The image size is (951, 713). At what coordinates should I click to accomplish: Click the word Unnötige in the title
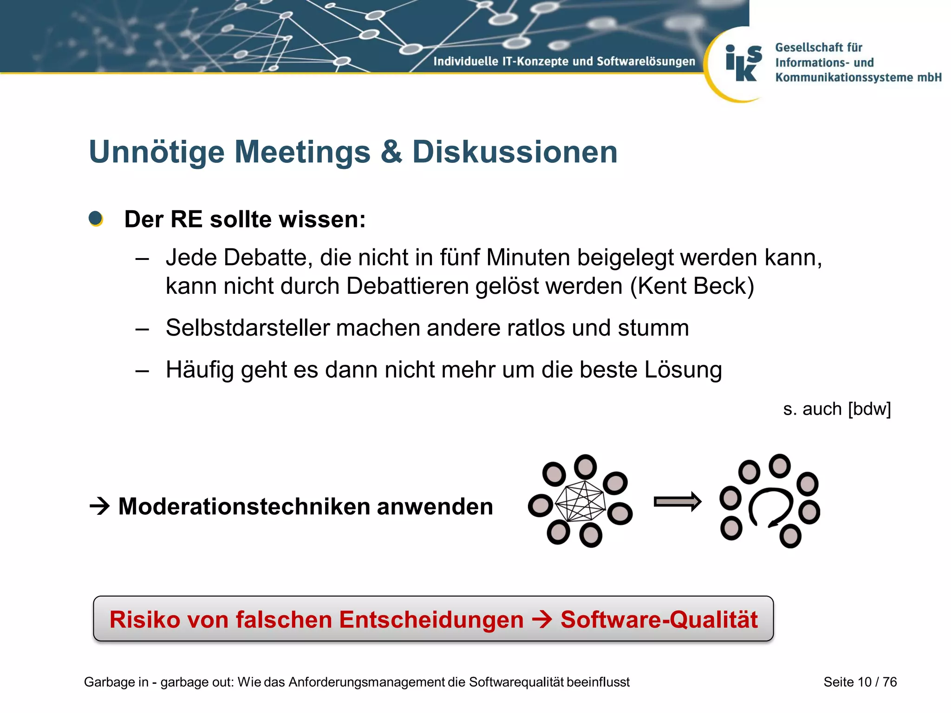pos(156,152)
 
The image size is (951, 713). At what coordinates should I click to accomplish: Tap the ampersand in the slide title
pos(391,152)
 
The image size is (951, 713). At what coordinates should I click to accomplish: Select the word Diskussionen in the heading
pos(515,152)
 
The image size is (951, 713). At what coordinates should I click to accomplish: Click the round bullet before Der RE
pos(96,219)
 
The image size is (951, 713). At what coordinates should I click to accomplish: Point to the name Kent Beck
pos(692,286)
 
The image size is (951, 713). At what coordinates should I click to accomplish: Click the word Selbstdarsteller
pos(247,328)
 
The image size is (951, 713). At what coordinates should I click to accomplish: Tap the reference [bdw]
pos(869,409)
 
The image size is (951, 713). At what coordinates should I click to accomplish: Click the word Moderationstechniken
pos(243,506)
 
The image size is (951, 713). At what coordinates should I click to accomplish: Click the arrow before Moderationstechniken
pos(99,506)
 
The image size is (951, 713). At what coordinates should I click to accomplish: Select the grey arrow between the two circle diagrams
pos(677,502)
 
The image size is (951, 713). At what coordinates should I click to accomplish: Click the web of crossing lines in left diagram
pos(580,501)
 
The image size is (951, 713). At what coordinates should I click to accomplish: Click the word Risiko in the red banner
pos(144,620)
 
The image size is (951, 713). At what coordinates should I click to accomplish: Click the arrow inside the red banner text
pos(542,620)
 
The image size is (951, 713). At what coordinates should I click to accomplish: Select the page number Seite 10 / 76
pos(860,682)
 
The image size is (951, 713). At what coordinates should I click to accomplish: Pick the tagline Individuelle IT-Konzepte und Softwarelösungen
pos(564,61)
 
